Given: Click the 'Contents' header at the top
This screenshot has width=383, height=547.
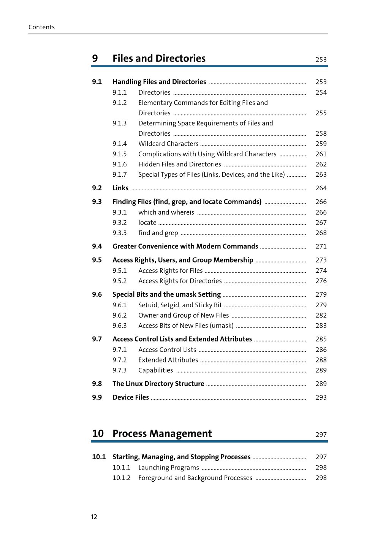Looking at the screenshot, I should pos(41,27).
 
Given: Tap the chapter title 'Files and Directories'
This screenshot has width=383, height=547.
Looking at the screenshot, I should pos(159,58).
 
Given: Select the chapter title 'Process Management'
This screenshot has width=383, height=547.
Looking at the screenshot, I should pos(162,434).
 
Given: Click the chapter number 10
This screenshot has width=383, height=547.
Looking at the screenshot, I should pos(98,434).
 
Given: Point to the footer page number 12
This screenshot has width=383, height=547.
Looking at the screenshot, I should pos(94,517).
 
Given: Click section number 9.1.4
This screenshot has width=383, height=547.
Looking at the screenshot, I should pos(119,144).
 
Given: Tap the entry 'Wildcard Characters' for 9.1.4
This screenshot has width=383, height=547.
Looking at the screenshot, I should pos(168,144).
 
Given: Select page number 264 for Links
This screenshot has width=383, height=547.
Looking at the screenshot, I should pos(321,188).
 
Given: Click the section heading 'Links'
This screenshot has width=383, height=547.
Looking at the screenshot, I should pos(120,188).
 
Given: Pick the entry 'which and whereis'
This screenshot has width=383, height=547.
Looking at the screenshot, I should pos(166,212).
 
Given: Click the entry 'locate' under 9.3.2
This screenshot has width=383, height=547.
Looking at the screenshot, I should pos(147,223).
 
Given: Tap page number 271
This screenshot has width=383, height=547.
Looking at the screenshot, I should pos(321,247).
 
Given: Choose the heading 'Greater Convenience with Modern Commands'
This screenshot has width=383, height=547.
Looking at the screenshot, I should pos(185,247).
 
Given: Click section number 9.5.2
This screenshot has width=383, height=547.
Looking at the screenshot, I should pos(119,281).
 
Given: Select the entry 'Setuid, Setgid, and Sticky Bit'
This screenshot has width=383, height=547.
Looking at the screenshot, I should pos(180,305).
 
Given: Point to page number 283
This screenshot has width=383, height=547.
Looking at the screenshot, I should pos(321,326).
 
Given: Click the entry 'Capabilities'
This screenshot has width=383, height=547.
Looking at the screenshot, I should pos(156,370).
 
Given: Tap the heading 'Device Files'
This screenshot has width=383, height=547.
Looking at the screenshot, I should pos(131,397).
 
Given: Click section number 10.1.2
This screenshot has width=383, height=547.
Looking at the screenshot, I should pos(121,478).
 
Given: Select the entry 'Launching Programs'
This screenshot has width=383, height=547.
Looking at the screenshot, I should pos(169,468).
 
